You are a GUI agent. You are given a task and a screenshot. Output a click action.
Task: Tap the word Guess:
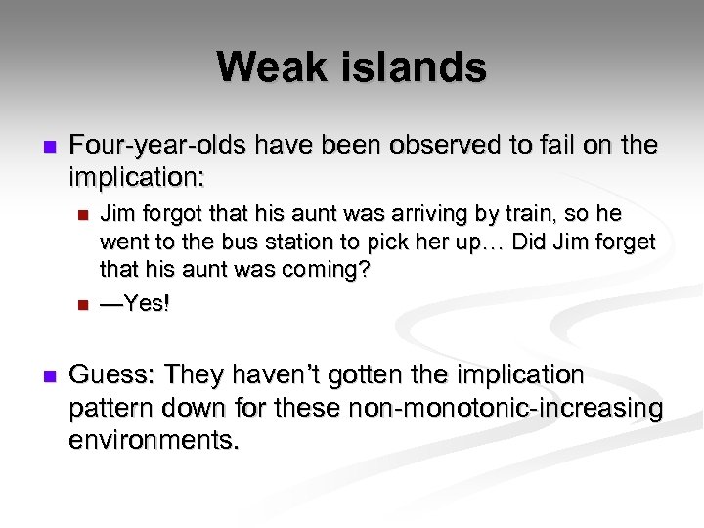[x=111, y=374]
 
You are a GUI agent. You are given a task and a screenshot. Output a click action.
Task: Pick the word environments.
[x=154, y=439]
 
